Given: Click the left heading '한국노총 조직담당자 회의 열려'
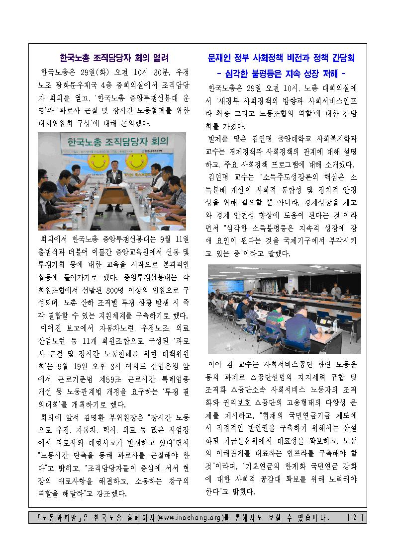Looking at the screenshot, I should click(x=114, y=58).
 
